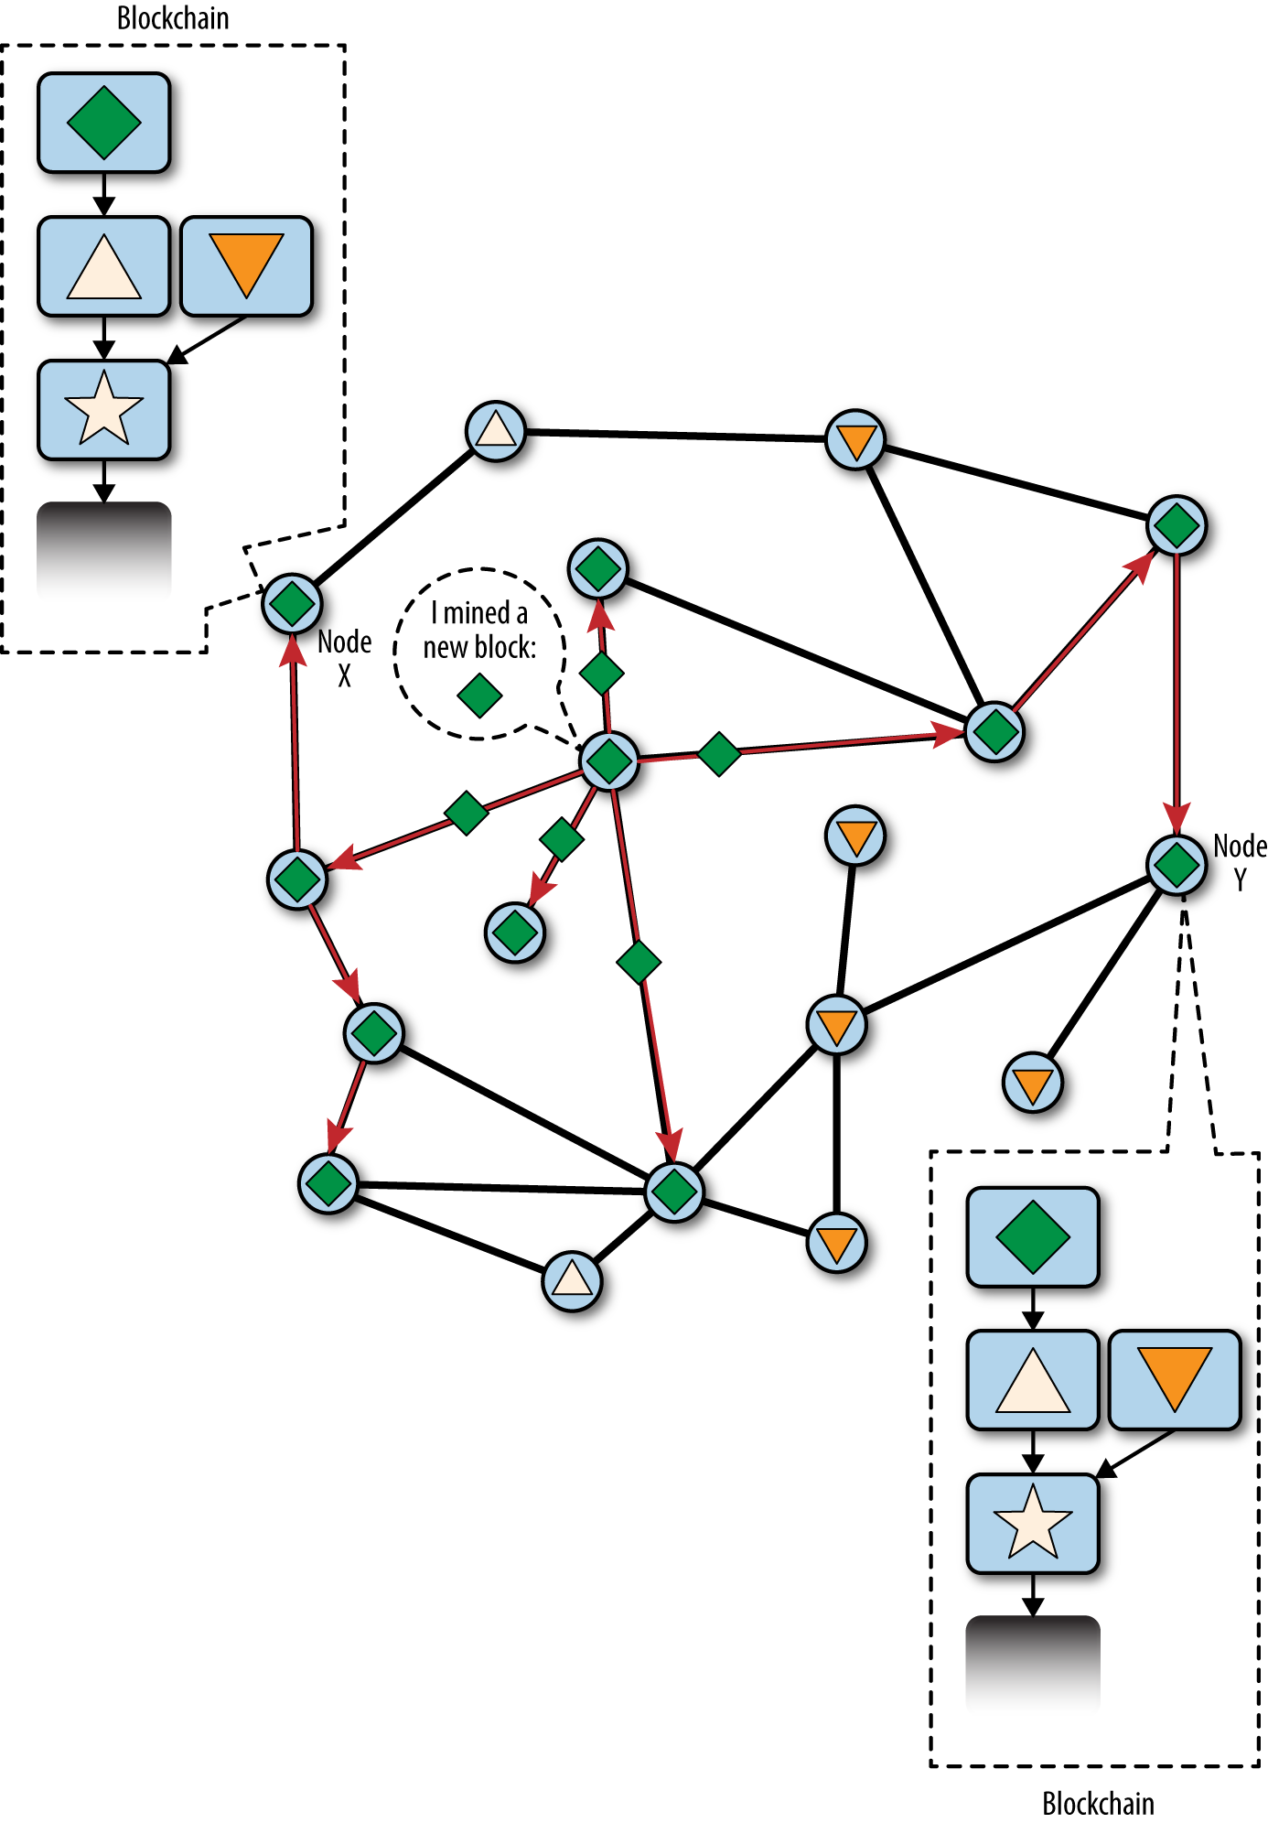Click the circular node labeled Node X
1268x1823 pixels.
(293, 604)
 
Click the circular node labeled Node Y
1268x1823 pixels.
(1177, 864)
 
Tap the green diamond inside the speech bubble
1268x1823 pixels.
(479, 696)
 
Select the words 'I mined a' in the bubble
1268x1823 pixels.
(479, 612)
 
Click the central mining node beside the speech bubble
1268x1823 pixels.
(609, 760)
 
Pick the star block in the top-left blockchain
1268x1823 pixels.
(104, 409)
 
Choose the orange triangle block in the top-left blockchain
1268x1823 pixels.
(246, 266)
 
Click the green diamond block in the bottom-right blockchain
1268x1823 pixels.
(1033, 1237)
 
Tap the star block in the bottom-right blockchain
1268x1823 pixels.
(1033, 1523)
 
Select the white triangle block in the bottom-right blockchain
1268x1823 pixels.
(1033, 1380)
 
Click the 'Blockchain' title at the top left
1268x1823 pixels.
(173, 17)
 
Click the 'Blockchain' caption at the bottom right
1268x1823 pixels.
(1098, 1803)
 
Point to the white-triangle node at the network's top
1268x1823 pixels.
(496, 430)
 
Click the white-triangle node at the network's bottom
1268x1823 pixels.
(572, 1280)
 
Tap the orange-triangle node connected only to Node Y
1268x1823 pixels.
(1033, 1083)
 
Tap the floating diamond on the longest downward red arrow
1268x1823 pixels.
(639, 961)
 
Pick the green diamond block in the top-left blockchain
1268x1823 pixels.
(104, 123)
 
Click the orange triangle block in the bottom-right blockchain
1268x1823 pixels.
(1175, 1380)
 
